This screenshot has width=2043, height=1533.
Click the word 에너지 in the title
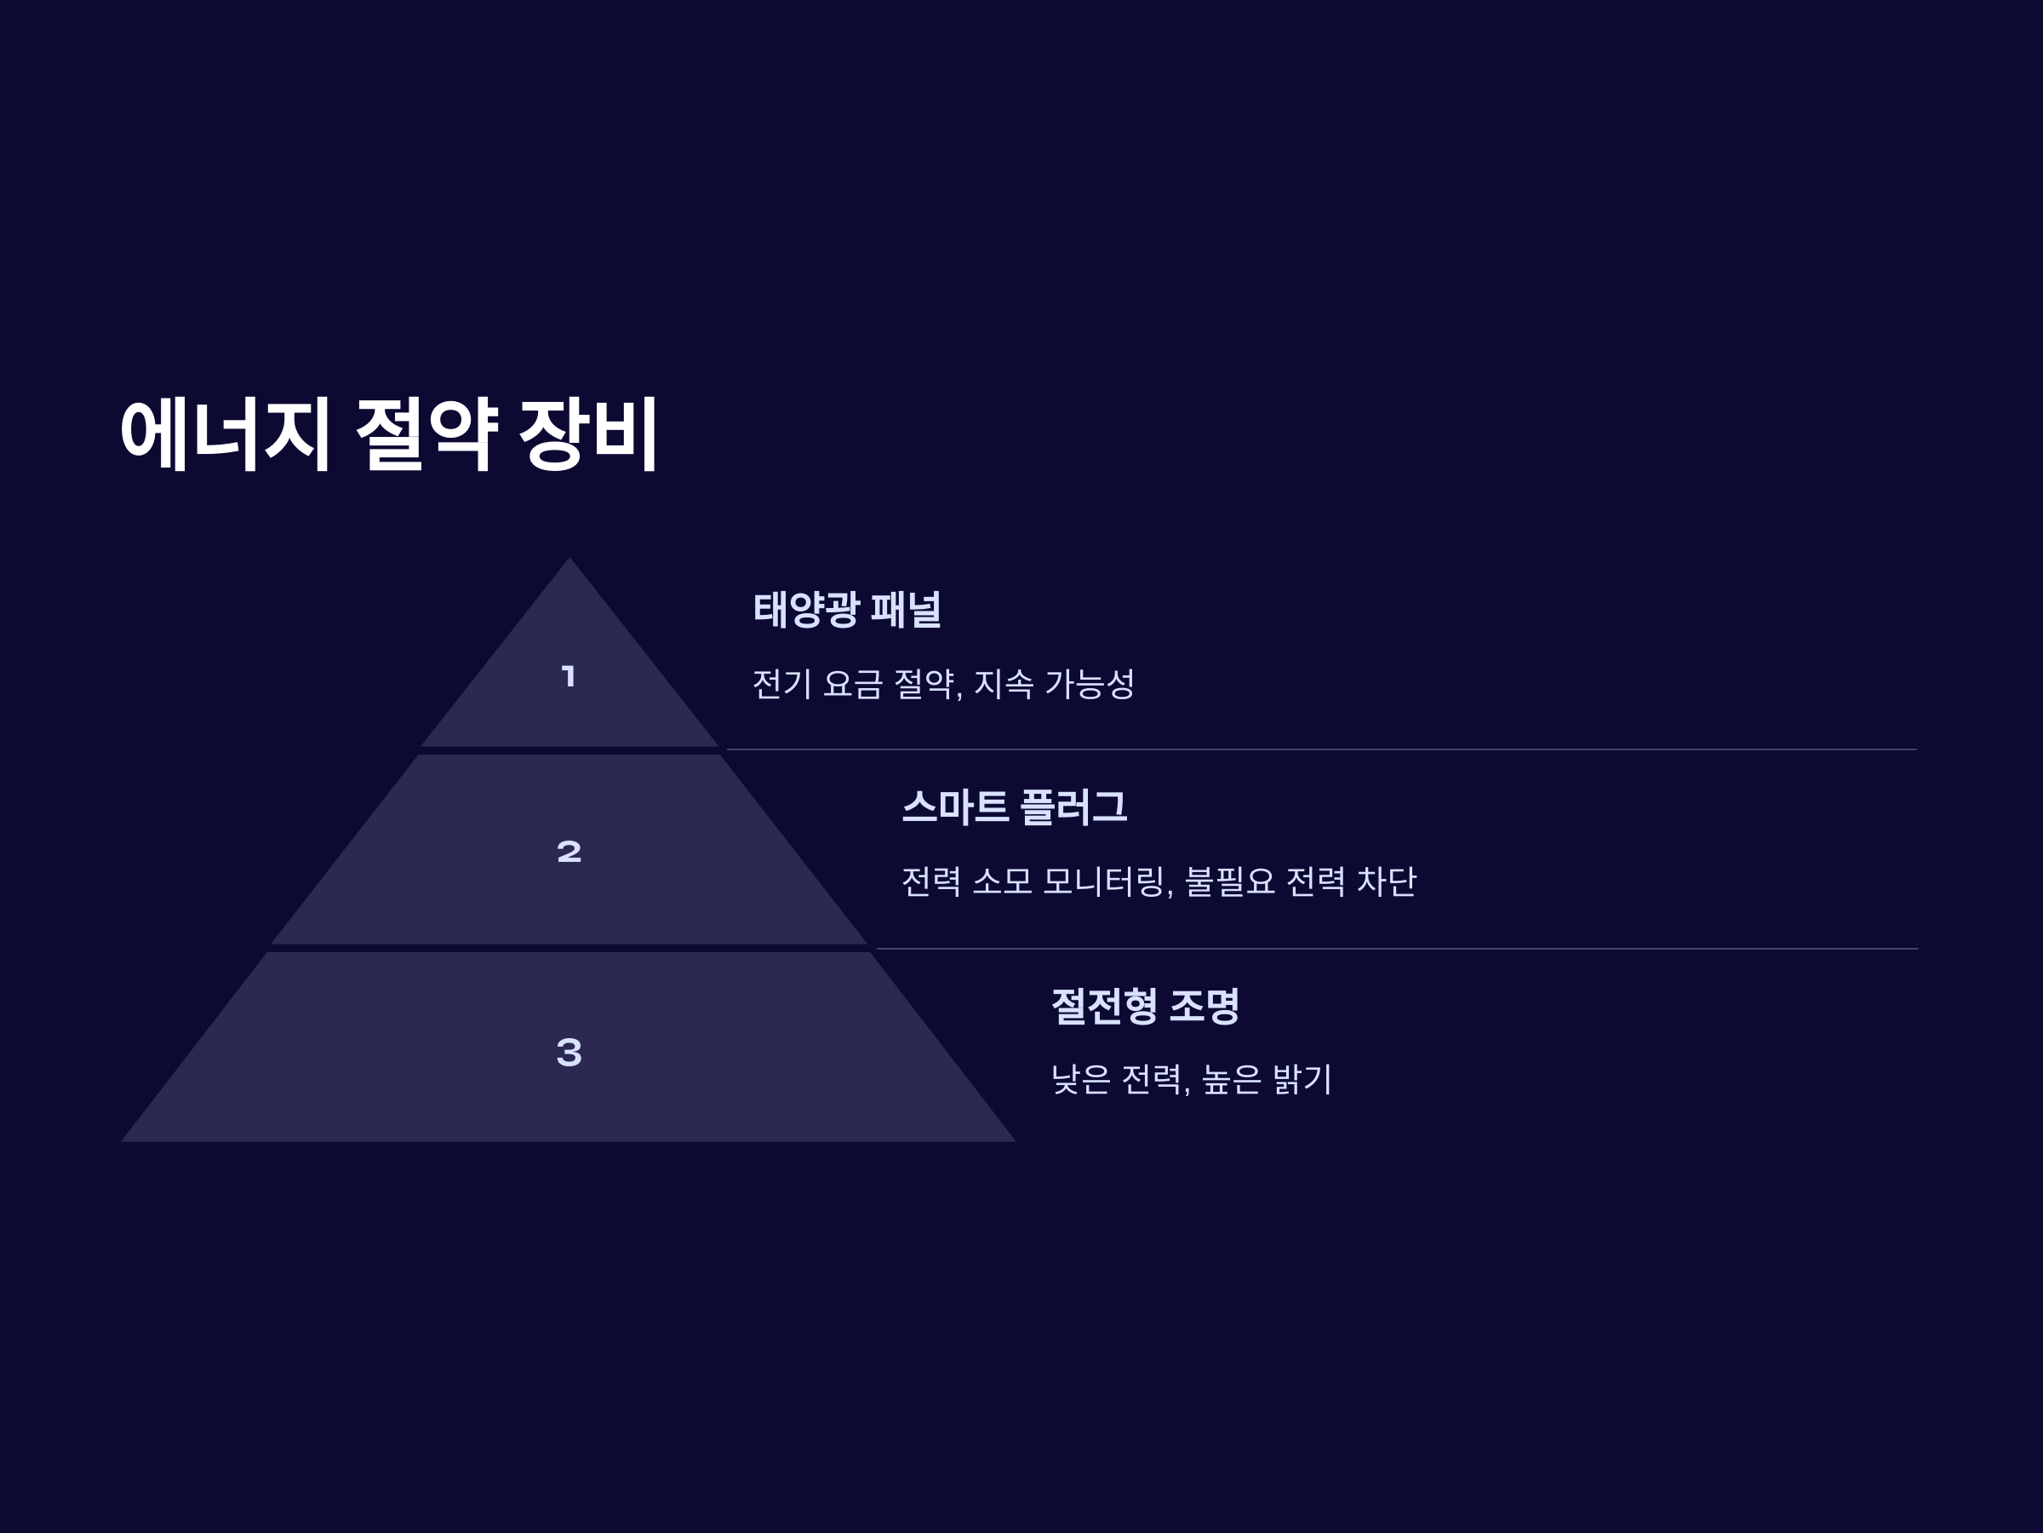click(226, 435)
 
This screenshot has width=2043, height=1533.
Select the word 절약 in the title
click(426, 435)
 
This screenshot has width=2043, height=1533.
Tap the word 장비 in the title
click(587, 435)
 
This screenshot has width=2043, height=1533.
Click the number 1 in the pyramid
click(569, 676)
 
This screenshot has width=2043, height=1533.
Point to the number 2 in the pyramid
click(569, 851)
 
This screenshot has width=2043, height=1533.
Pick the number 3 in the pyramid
click(569, 1052)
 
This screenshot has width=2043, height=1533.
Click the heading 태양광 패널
click(847, 610)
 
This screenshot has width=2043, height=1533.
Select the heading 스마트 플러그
click(1013, 807)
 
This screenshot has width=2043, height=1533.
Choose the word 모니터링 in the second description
click(1106, 881)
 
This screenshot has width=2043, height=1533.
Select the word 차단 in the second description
click(1385, 881)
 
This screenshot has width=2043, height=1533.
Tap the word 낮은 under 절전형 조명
click(1080, 1079)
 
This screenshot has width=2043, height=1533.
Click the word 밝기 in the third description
click(1302, 1079)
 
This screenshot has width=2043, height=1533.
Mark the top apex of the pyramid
click(569, 560)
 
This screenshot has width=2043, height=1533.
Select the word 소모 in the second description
click(1002, 881)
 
